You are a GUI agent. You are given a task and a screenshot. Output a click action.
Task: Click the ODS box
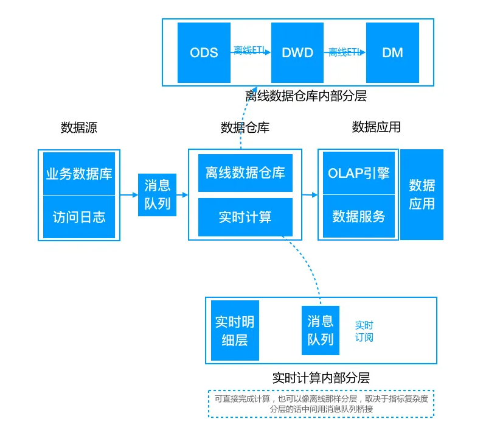204,52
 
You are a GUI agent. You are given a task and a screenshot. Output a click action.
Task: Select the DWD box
297,52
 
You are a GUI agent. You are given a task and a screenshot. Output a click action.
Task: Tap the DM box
392,52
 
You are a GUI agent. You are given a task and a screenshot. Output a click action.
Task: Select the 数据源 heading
79,127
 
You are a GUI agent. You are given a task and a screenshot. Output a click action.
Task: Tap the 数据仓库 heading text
245,127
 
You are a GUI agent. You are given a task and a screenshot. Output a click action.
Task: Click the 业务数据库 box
79,174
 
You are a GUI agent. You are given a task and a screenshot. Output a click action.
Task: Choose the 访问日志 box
79,216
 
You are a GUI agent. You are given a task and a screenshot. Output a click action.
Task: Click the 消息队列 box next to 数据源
158,194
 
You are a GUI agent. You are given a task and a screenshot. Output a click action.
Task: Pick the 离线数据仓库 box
245,173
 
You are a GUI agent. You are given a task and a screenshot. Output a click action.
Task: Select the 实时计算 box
245,217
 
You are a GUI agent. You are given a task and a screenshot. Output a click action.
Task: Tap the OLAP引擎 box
358,173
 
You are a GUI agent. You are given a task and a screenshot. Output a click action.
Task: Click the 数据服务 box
358,216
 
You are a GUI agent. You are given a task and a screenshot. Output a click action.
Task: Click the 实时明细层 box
234,331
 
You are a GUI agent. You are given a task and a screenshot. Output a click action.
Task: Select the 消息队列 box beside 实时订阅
320,330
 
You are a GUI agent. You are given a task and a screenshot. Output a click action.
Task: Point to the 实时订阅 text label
364,331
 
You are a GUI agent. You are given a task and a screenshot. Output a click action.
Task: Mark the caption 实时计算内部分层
321,378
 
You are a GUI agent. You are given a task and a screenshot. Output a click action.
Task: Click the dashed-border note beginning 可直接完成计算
321,404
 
